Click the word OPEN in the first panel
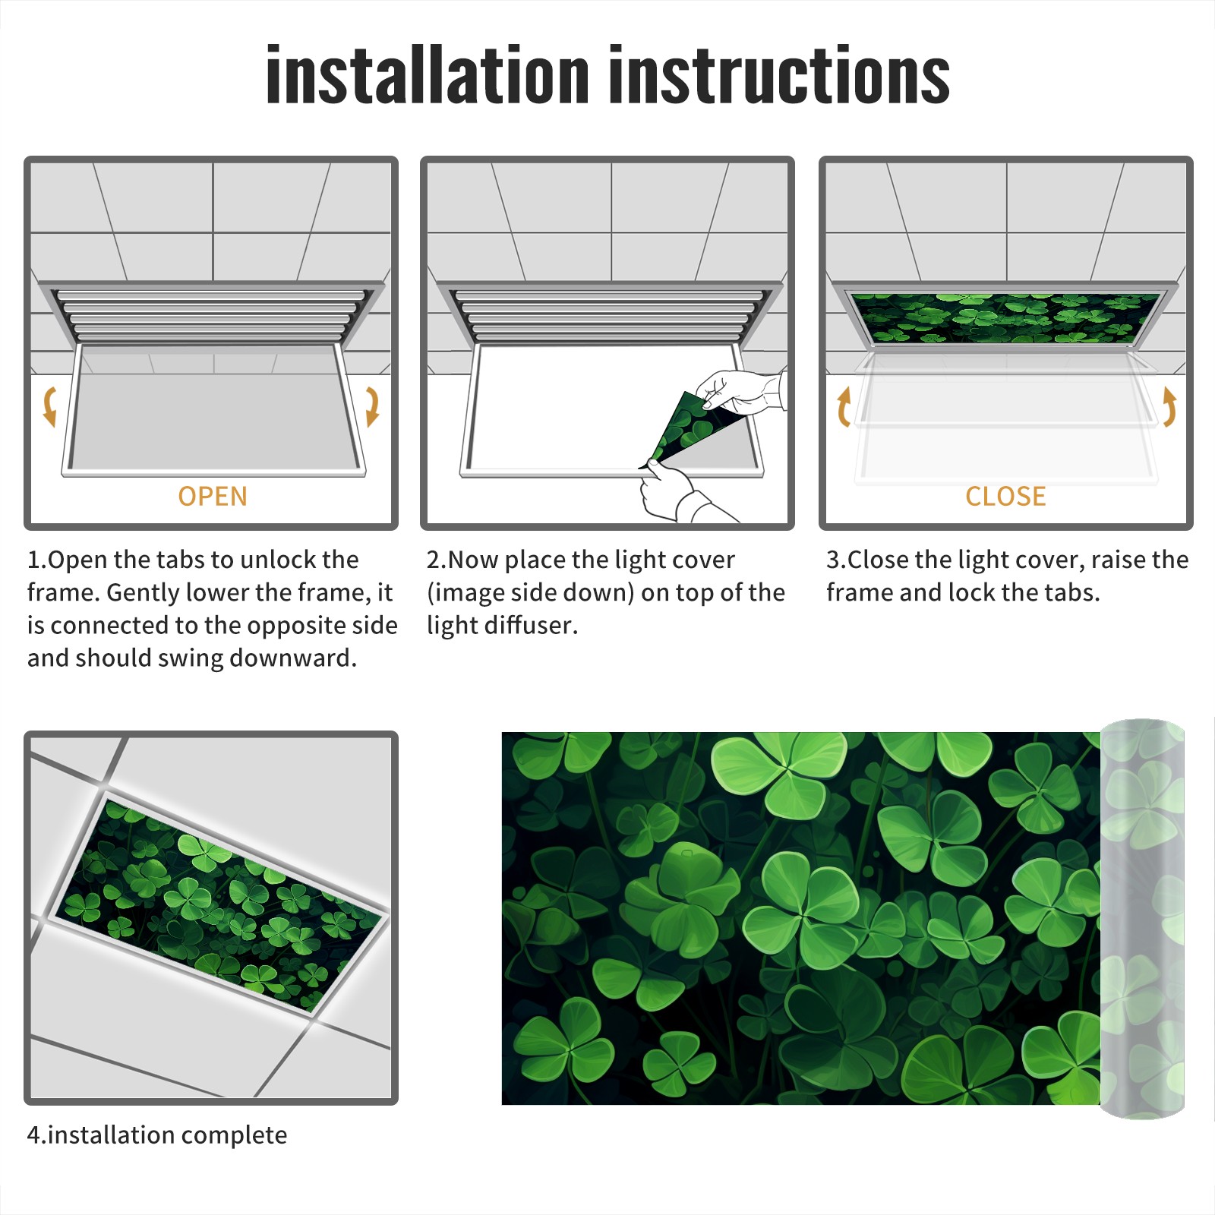213,497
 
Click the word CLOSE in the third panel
1005,497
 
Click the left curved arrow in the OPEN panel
49,407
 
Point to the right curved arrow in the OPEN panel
372,407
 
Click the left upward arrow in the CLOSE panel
844,407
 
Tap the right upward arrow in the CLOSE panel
1169,407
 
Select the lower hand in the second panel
680,494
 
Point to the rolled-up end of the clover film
1142,919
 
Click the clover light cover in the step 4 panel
219,905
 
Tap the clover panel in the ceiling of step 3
1006,318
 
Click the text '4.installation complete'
157,1135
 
